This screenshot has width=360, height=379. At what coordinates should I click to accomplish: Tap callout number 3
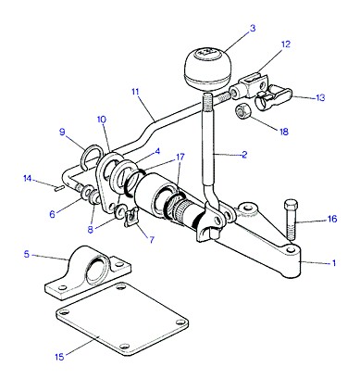(x=253, y=29)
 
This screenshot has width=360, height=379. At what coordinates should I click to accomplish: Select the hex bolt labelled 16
(x=291, y=221)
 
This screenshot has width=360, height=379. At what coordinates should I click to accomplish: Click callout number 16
(x=332, y=220)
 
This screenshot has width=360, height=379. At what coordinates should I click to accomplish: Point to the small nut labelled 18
(x=243, y=112)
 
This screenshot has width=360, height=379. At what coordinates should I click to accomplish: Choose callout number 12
(x=286, y=44)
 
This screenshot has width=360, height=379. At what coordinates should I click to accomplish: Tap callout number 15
(x=59, y=357)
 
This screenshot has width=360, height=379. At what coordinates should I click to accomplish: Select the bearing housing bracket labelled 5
(x=88, y=272)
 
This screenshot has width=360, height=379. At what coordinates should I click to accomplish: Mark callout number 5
(x=27, y=255)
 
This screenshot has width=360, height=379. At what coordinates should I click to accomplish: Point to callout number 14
(x=28, y=178)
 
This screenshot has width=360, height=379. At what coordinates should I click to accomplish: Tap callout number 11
(x=135, y=92)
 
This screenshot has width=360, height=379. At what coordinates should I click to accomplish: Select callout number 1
(x=333, y=263)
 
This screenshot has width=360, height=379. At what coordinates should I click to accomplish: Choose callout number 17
(x=180, y=157)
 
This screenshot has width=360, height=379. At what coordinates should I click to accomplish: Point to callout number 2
(x=244, y=155)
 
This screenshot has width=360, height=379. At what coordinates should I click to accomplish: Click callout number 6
(x=53, y=214)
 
